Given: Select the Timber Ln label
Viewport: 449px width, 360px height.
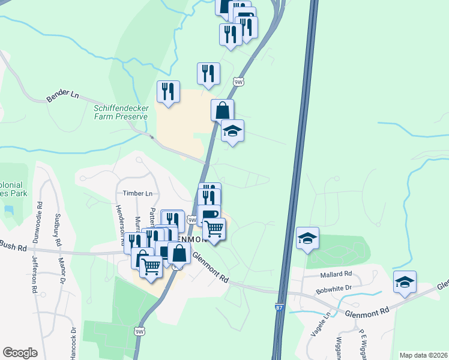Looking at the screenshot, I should click(137, 193).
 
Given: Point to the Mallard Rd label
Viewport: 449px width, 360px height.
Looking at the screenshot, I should click(336, 274).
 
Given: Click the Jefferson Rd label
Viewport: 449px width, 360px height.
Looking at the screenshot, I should click(34, 275).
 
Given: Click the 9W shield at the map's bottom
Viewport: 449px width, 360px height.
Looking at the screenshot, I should click(139, 331).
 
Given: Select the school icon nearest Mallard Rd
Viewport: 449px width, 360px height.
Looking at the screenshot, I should click(307, 238).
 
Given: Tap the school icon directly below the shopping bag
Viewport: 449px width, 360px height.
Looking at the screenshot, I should click(232, 131).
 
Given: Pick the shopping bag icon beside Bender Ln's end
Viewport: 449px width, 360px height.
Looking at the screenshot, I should click(222, 110).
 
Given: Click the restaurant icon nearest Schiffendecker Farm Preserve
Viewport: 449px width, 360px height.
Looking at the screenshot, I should click(167, 91).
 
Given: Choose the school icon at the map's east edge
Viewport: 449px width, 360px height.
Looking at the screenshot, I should click(405, 281).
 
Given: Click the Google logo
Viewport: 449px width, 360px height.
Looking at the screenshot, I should click(20, 353).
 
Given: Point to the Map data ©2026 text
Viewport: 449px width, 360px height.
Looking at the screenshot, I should click(423, 355).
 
